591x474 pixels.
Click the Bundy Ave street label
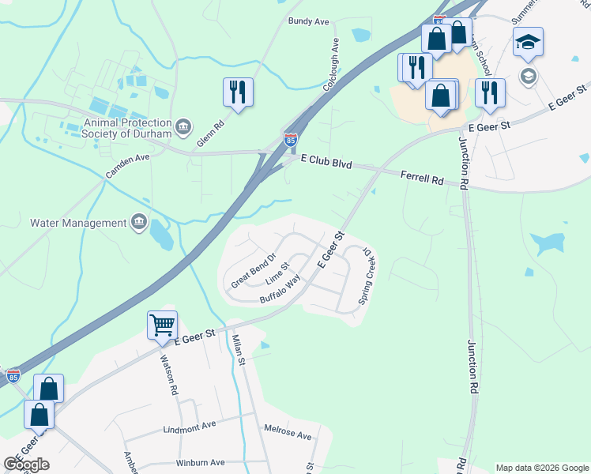click(308, 21)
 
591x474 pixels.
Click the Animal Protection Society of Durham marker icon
click(183, 126)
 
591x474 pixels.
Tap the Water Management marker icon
click(140, 222)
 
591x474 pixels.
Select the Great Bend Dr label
click(252, 270)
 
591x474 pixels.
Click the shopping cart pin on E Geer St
click(162, 324)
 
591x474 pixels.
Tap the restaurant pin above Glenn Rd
click(238, 91)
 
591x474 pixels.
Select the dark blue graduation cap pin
click(528, 42)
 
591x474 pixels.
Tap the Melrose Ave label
click(288, 434)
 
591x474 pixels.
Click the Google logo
click(26, 465)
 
